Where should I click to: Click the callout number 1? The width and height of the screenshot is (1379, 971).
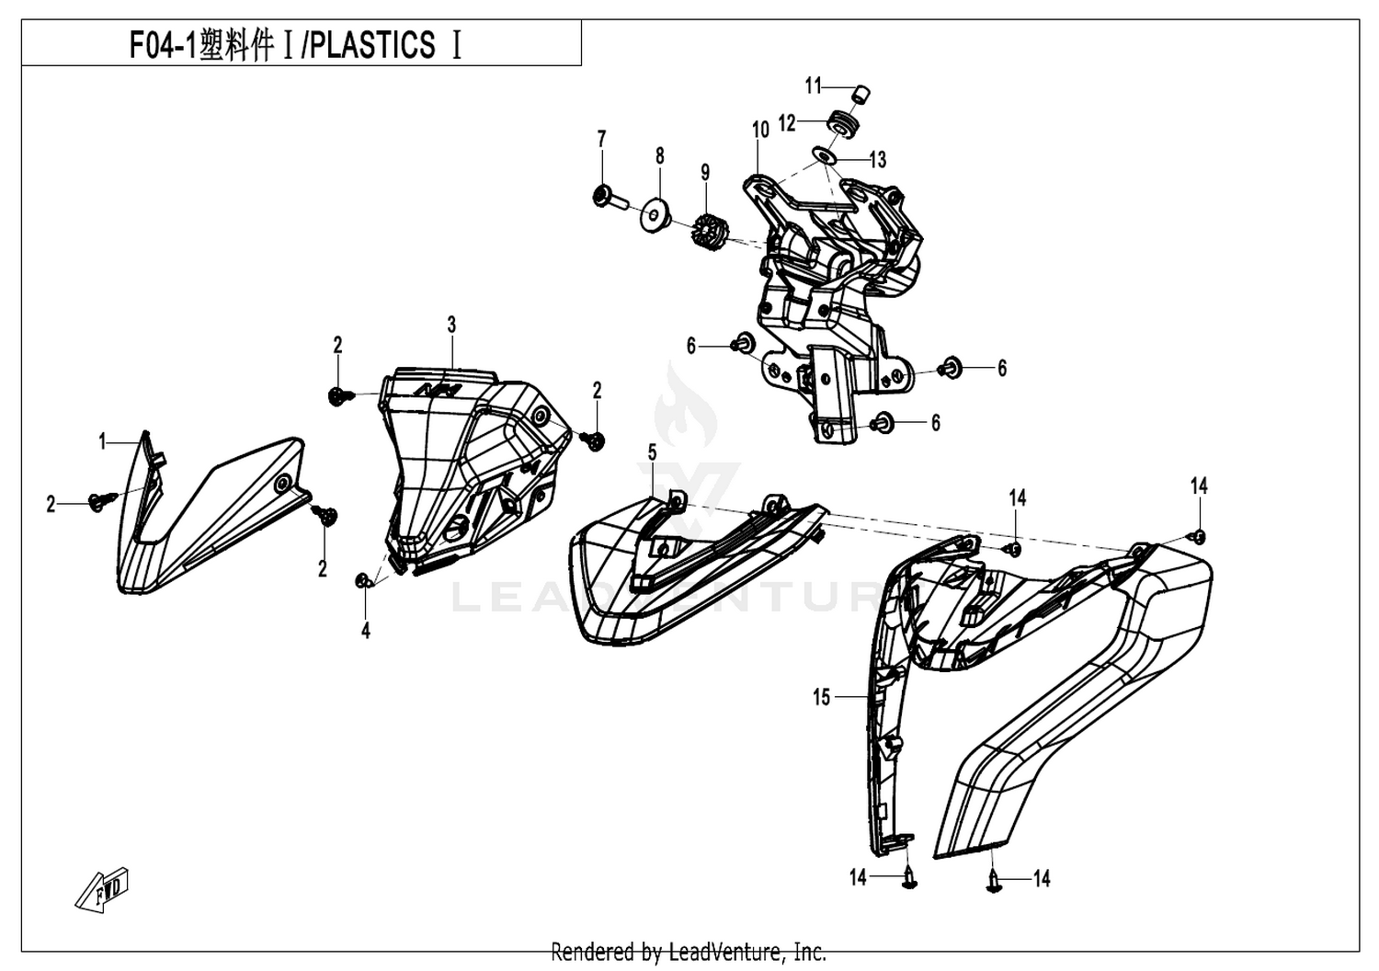pos(103,440)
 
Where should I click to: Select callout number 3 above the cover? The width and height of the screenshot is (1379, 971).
pos(451,325)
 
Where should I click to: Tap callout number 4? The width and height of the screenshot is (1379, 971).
pos(366,631)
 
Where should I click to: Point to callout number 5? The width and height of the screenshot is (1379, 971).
pos(652,452)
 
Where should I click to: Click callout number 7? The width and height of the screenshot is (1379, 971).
pos(601,139)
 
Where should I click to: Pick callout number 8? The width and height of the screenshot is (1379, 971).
pos(660,155)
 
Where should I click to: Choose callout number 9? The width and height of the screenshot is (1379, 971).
pos(705,172)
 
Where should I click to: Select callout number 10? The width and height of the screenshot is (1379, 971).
pos(761,130)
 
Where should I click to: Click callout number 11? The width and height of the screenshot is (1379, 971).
pos(814,86)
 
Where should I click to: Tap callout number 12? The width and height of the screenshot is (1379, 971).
pos(787,123)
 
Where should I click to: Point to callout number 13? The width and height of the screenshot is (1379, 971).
pos(878,160)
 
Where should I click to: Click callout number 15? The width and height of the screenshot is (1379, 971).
pos(822,698)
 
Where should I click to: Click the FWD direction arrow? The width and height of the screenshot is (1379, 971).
pos(102,889)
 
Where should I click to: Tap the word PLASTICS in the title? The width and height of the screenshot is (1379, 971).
pos(371,45)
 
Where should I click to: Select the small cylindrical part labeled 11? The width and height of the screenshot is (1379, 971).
pos(861,96)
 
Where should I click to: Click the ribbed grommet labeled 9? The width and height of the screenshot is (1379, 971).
pos(709,230)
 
